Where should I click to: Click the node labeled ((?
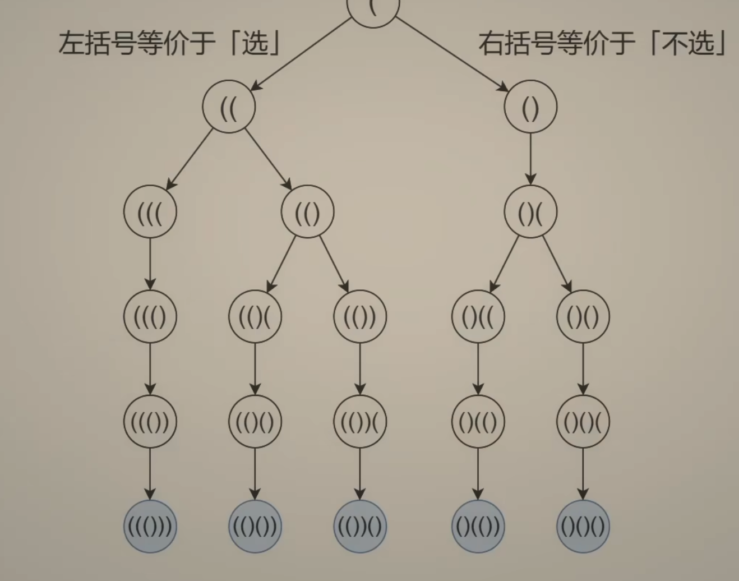tap(229, 107)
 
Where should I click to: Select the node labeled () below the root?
tap(530, 107)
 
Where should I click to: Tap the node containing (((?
tap(150, 212)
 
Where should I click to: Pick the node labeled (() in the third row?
tap(307, 212)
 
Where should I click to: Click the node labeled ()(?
tap(530, 212)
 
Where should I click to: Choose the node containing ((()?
tap(150, 317)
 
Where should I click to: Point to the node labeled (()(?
tap(255, 317)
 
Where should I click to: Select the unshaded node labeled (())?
tap(360, 317)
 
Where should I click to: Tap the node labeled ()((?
tap(478, 317)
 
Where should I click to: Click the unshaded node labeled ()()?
tap(583, 317)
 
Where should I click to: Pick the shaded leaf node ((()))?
tap(150, 527)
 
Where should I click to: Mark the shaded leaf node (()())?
tap(255, 527)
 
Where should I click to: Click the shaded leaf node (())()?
tap(360, 527)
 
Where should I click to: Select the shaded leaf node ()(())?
tap(478, 527)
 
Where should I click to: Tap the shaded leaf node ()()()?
tap(583, 527)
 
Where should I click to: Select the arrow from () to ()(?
tap(530, 159)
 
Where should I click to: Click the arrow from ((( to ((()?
tap(150, 264)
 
